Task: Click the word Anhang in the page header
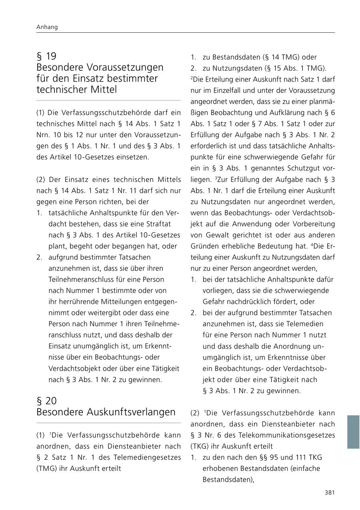pyautogui.click(x=47, y=27)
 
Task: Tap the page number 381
pyautogui.click(x=329, y=492)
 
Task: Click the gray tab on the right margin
pyautogui.click(x=353, y=432)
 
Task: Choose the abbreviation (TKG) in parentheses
pyautogui.click(x=199, y=446)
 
